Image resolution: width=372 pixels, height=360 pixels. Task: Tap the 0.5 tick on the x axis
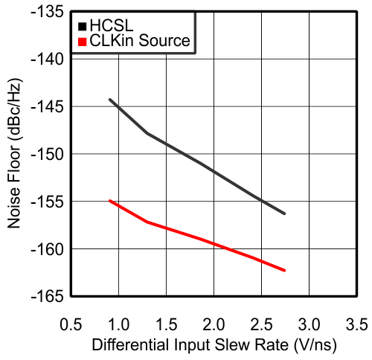(x=71, y=325)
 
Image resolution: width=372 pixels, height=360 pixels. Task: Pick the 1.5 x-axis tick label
(x=167, y=325)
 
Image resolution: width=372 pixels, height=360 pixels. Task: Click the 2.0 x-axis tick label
(x=214, y=325)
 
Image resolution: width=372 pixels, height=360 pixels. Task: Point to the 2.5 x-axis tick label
(x=262, y=325)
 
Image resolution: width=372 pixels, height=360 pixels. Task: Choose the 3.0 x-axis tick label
(x=310, y=325)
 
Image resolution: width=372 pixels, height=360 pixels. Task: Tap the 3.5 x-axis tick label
(x=356, y=325)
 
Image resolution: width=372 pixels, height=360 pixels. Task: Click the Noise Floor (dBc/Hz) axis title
(x=15, y=154)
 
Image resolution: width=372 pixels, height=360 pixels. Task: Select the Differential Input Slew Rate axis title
(x=214, y=346)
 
